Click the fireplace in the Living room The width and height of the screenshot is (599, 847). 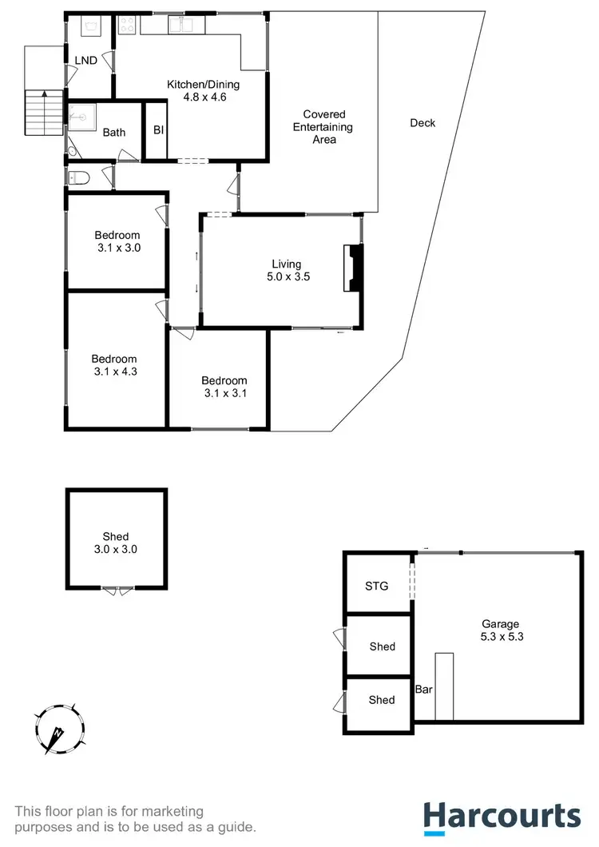point(354,268)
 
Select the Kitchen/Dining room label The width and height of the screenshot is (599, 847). point(203,85)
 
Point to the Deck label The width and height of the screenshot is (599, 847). point(422,123)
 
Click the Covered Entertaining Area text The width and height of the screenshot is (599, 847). point(323,127)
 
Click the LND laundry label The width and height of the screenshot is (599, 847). point(85,61)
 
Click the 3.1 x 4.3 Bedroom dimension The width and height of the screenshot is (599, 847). point(113,371)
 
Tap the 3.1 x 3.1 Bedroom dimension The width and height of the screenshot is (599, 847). point(224,393)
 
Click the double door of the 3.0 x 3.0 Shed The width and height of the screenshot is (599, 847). point(117,591)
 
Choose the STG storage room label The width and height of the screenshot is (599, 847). point(376,586)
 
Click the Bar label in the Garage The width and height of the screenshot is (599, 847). point(423,689)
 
